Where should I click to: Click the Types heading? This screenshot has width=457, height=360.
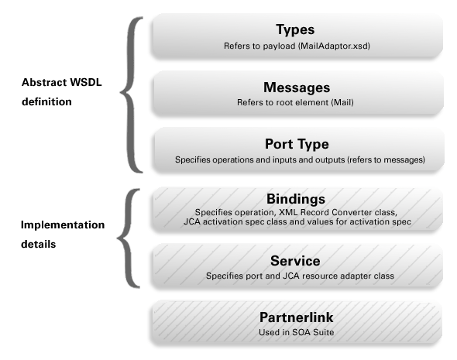click(295, 29)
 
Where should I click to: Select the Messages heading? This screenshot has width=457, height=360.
click(297, 87)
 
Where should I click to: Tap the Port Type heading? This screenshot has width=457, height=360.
click(297, 144)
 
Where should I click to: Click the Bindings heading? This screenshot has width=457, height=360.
click(296, 199)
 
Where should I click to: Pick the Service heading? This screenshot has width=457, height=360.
click(295, 261)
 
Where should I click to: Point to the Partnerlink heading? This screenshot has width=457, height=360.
click(296, 317)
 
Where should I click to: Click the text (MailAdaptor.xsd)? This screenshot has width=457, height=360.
click(334, 46)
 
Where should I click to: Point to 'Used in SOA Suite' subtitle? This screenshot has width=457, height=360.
click(296, 332)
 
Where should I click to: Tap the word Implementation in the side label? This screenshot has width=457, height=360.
click(63, 225)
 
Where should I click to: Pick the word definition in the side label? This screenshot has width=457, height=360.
click(46, 101)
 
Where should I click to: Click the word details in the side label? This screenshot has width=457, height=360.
click(38, 244)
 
